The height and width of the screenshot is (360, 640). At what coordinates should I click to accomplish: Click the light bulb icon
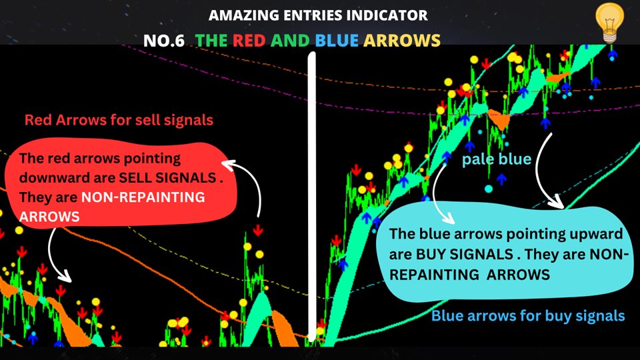click(609, 22)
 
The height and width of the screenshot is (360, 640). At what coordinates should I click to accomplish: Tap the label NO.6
click(164, 41)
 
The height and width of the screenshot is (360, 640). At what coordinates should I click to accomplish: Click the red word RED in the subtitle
click(249, 41)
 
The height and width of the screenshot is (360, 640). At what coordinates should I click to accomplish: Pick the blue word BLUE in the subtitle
click(337, 41)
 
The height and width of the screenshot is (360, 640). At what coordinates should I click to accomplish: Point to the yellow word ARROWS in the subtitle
click(402, 41)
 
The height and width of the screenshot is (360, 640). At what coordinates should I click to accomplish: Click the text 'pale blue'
click(496, 159)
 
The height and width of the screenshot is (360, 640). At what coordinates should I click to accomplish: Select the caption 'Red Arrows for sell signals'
click(119, 120)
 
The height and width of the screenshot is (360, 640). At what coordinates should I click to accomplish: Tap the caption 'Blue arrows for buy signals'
click(528, 315)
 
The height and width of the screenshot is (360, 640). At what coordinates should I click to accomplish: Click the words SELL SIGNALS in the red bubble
click(167, 177)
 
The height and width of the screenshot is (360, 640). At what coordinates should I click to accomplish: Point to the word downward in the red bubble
click(43, 177)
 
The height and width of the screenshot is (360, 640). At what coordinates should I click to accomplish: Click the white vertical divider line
click(312, 197)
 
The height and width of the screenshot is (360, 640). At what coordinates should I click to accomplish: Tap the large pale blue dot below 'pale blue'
click(489, 189)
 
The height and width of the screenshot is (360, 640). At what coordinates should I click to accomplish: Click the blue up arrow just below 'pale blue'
click(501, 179)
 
